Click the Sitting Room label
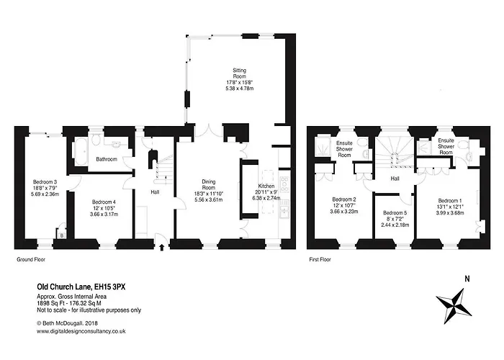pyautogui.click(x=240, y=78)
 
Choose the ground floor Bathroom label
pyautogui.click(x=102, y=159)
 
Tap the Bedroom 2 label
pyautogui.click(x=344, y=205)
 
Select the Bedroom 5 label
pyautogui.click(x=395, y=219)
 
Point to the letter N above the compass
pyautogui.click(x=467, y=279)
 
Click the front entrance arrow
pyautogui.click(x=161, y=249)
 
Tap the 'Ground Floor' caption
pyautogui.click(x=32, y=258)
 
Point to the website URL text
pyautogui.click(x=82, y=330)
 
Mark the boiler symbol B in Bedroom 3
pyautogui.click(x=63, y=234)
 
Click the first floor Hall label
pyautogui.click(x=395, y=179)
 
